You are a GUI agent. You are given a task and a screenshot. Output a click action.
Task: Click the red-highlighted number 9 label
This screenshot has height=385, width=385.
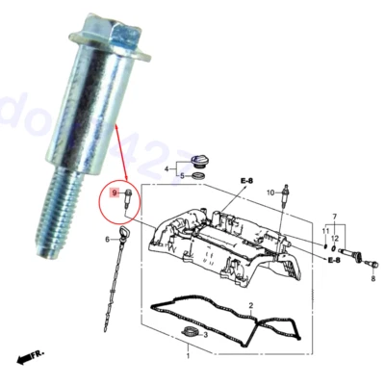pyautogui.click(x=115, y=192)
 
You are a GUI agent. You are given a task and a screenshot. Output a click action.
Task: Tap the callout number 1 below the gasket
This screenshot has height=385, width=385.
pyautogui.click(x=188, y=355)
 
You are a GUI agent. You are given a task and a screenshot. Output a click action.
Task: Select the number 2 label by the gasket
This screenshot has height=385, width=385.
pyautogui.click(x=250, y=306)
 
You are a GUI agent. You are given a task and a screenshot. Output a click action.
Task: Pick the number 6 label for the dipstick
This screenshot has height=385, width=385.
pyautogui.click(x=109, y=239)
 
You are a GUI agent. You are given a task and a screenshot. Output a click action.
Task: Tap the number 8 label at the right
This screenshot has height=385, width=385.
pyautogui.click(x=373, y=278)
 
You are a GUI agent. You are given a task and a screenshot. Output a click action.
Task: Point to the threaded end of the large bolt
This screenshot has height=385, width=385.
pyautogui.click(x=48, y=226)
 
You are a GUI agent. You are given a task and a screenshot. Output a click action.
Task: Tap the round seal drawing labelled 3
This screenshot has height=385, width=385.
pyautogui.click(x=192, y=334)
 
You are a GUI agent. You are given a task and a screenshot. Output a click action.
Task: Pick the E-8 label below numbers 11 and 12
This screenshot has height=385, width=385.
pyautogui.click(x=333, y=259)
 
